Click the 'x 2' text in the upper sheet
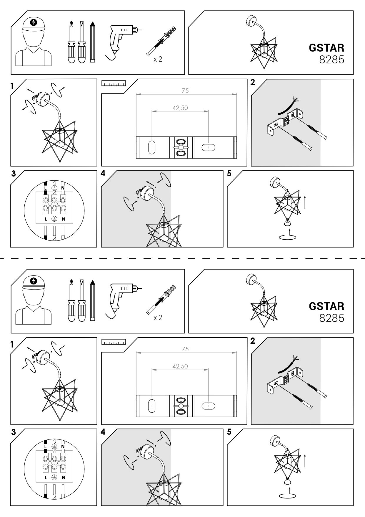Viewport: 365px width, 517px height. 158,59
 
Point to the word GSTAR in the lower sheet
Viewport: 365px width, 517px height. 326,306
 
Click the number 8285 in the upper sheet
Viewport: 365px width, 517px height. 331,60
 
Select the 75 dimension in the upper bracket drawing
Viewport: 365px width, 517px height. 185,91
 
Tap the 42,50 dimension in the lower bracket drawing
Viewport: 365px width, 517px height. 180,366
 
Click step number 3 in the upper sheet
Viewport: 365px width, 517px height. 14,173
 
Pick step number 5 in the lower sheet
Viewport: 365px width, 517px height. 229,432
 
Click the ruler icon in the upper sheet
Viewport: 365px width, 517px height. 114,83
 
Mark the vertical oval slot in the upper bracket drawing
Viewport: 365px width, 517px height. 152,147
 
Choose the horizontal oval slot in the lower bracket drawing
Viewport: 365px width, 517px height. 208,406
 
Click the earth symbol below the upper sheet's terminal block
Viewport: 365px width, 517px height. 54,219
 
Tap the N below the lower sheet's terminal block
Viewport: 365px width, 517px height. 63,478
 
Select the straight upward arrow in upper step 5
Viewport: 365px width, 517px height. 305,202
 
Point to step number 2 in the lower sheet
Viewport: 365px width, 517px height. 253,341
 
